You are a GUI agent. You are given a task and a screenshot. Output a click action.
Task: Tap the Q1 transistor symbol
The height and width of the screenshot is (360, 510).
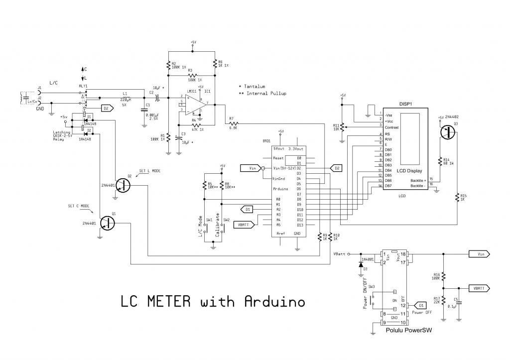tap(107, 223)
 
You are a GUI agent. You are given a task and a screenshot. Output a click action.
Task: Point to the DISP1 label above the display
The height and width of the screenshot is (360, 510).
tap(407, 105)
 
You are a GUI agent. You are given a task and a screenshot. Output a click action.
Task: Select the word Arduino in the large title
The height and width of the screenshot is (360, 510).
tap(274, 302)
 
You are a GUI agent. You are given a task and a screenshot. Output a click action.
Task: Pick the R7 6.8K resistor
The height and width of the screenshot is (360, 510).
tap(234, 123)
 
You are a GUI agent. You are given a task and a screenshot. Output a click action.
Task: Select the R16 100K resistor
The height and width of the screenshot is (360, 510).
tap(443, 275)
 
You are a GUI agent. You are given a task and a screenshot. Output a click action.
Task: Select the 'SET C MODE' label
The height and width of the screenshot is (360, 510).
tap(78, 206)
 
